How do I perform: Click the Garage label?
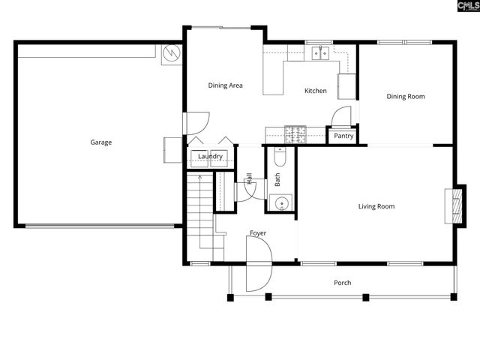click(101, 142)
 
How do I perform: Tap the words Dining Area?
click(225, 85)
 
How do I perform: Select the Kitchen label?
click(315, 91)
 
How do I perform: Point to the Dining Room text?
click(406, 96)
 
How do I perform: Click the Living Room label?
click(376, 206)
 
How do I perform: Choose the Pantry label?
click(343, 136)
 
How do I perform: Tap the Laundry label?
click(211, 156)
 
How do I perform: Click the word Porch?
click(342, 283)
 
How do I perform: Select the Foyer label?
click(258, 233)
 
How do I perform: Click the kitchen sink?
click(321, 52)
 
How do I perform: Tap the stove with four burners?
click(297, 135)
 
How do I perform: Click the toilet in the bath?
click(280, 157)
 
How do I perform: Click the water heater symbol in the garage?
click(172, 55)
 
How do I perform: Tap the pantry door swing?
click(341, 117)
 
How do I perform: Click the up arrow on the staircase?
click(199, 177)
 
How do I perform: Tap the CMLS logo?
click(459, 7)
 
